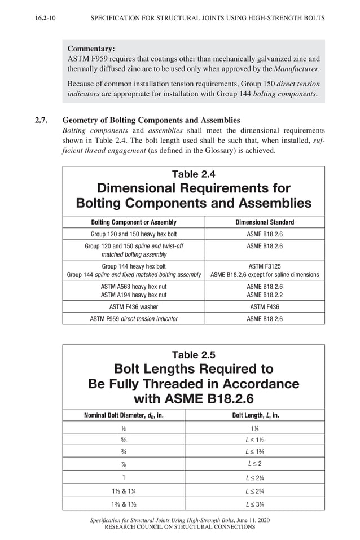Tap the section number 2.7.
(43, 120)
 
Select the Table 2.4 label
(194, 174)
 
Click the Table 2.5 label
(194, 355)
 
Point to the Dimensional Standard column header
(265, 222)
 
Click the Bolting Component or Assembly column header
(134, 222)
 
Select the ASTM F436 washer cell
(134, 307)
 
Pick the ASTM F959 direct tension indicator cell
(134, 319)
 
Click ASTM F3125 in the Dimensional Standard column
(265, 265)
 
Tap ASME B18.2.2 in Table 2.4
(265, 295)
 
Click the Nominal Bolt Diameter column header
(124, 415)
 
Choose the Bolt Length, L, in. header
(256, 415)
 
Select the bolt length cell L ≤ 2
(256, 463)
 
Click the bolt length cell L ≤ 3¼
(256, 503)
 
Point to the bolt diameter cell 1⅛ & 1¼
(124, 490)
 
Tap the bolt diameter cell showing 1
(124, 477)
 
